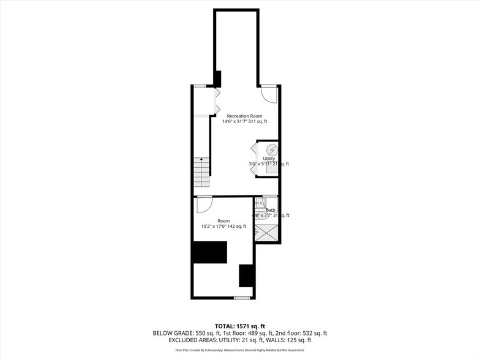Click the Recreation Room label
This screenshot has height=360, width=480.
(x=244, y=116)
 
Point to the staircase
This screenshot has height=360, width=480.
(x=201, y=173)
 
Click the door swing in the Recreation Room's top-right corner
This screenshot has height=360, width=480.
(x=268, y=94)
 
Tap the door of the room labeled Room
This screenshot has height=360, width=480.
(x=204, y=203)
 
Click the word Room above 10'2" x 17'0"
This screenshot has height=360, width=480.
(x=223, y=220)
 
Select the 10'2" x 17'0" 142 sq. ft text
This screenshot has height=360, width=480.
(x=223, y=226)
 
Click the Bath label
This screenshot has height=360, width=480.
(x=270, y=210)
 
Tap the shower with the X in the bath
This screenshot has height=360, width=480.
(x=266, y=233)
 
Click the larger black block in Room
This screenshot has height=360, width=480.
(x=209, y=252)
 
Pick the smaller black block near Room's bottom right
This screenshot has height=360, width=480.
(x=246, y=275)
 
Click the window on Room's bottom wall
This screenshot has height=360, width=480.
(x=242, y=298)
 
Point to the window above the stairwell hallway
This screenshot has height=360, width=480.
(x=200, y=86)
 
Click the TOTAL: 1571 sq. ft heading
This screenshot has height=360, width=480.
(x=240, y=325)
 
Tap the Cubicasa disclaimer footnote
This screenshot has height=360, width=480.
(x=240, y=350)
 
